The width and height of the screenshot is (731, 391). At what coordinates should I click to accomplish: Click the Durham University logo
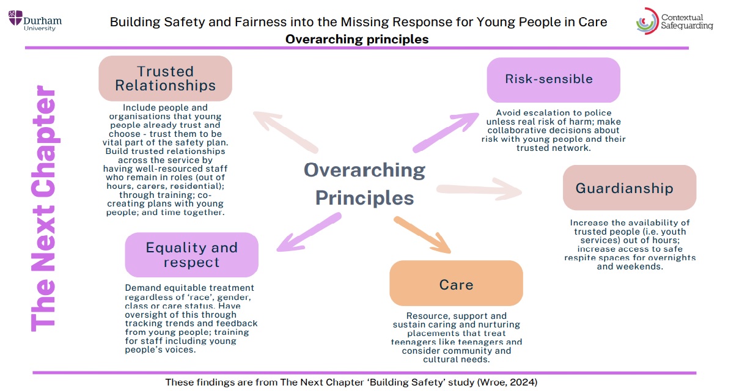pyautogui.click(x=35, y=21)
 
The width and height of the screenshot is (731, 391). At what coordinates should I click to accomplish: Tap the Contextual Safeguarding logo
pyautogui.click(x=674, y=21)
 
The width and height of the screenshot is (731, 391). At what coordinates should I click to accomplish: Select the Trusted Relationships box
pyautogui.click(x=166, y=78)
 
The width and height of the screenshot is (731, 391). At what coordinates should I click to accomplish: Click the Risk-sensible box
pyautogui.click(x=553, y=79)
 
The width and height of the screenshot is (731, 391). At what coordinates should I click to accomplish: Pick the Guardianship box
pyautogui.click(x=630, y=188)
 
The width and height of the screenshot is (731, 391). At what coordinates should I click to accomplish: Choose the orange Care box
pyautogui.click(x=456, y=283)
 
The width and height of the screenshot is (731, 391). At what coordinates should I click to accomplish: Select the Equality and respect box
pyautogui.click(x=191, y=255)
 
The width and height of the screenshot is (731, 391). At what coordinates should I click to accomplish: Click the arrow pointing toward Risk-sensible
pyautogui.click(x=445, y=132)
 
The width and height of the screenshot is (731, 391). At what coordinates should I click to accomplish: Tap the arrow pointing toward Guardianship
pyautogui.click(x=479, y=189)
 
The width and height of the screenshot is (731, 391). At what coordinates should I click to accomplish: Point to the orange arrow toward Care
pyautogui.click(x=422, y=235)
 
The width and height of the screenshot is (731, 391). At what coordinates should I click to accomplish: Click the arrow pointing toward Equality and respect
pyautogui.click(x=309, y=232)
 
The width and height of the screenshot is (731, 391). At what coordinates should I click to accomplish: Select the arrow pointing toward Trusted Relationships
pyautogui.click(x=286, y=132)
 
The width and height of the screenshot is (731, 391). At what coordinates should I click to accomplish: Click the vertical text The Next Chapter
pyautogui.click(x=43, y=208)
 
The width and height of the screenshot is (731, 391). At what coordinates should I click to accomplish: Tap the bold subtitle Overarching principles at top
pyautogui.click(x=357, y=39)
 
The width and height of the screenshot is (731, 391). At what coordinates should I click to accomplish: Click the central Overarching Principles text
pyautogui.click(x=364, y=184)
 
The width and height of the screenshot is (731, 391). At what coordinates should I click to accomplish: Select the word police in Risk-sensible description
pyautogui.click(x=598, y=113)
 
